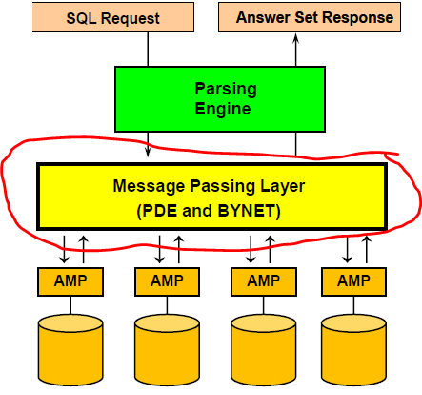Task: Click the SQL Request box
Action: (113, 17)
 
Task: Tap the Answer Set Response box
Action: (310, 17)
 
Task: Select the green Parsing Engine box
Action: (220, 99)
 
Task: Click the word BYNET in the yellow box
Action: (246, 211)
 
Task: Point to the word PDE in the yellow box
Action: (160, 211)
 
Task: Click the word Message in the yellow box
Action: (149, 186)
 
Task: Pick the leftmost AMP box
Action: (70, 281)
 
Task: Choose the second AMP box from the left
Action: (167, 281)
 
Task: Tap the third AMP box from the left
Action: (264, 281)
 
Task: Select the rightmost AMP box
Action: (353, 281)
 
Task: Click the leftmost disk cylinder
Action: (70, 350)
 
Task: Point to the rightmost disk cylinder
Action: (353, 350)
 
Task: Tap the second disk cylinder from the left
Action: (167, 350)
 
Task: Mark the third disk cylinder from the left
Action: (264, 350)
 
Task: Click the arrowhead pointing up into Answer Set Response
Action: (296, 38)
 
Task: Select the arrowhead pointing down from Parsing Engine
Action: (148, 152)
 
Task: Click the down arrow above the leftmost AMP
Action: (64, 249)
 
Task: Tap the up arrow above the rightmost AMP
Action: (367, 249)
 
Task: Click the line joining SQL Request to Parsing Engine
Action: (148, 49)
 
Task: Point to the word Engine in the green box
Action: (223, 110)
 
